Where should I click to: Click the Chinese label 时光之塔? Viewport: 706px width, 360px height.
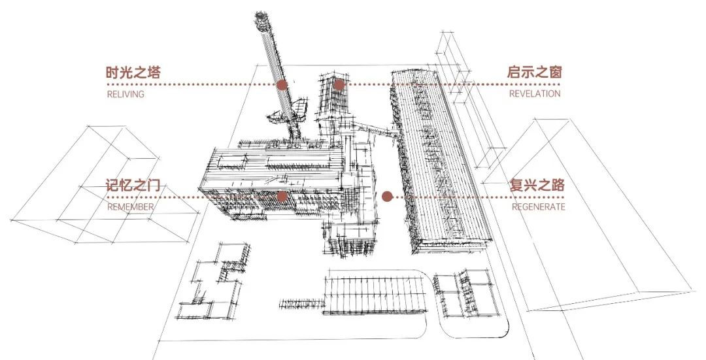[x=133, y=73]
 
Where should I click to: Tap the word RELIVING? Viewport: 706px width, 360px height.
[x=125, y=94]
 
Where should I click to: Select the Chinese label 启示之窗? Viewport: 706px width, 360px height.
[x=534, y=73]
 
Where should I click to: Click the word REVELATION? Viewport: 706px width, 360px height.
[x=535, y=94]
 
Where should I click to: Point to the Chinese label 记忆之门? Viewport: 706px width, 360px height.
[x=133, y=185]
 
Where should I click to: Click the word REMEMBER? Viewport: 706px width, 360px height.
[x=130, y=207]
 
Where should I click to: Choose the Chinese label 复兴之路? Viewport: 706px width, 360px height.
[x=537, y=185]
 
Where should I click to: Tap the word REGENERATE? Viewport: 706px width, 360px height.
[x=538, y=207]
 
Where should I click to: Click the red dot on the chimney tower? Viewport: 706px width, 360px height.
[x=282, y=85]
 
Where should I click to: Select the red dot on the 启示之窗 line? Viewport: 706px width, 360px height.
[x=339, y=84]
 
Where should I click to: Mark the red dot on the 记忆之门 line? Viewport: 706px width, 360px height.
[x=282, y=196]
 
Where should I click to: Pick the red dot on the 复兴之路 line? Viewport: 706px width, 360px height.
[x=387, y=196]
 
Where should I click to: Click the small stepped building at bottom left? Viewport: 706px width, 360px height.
[x=219, y=278]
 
